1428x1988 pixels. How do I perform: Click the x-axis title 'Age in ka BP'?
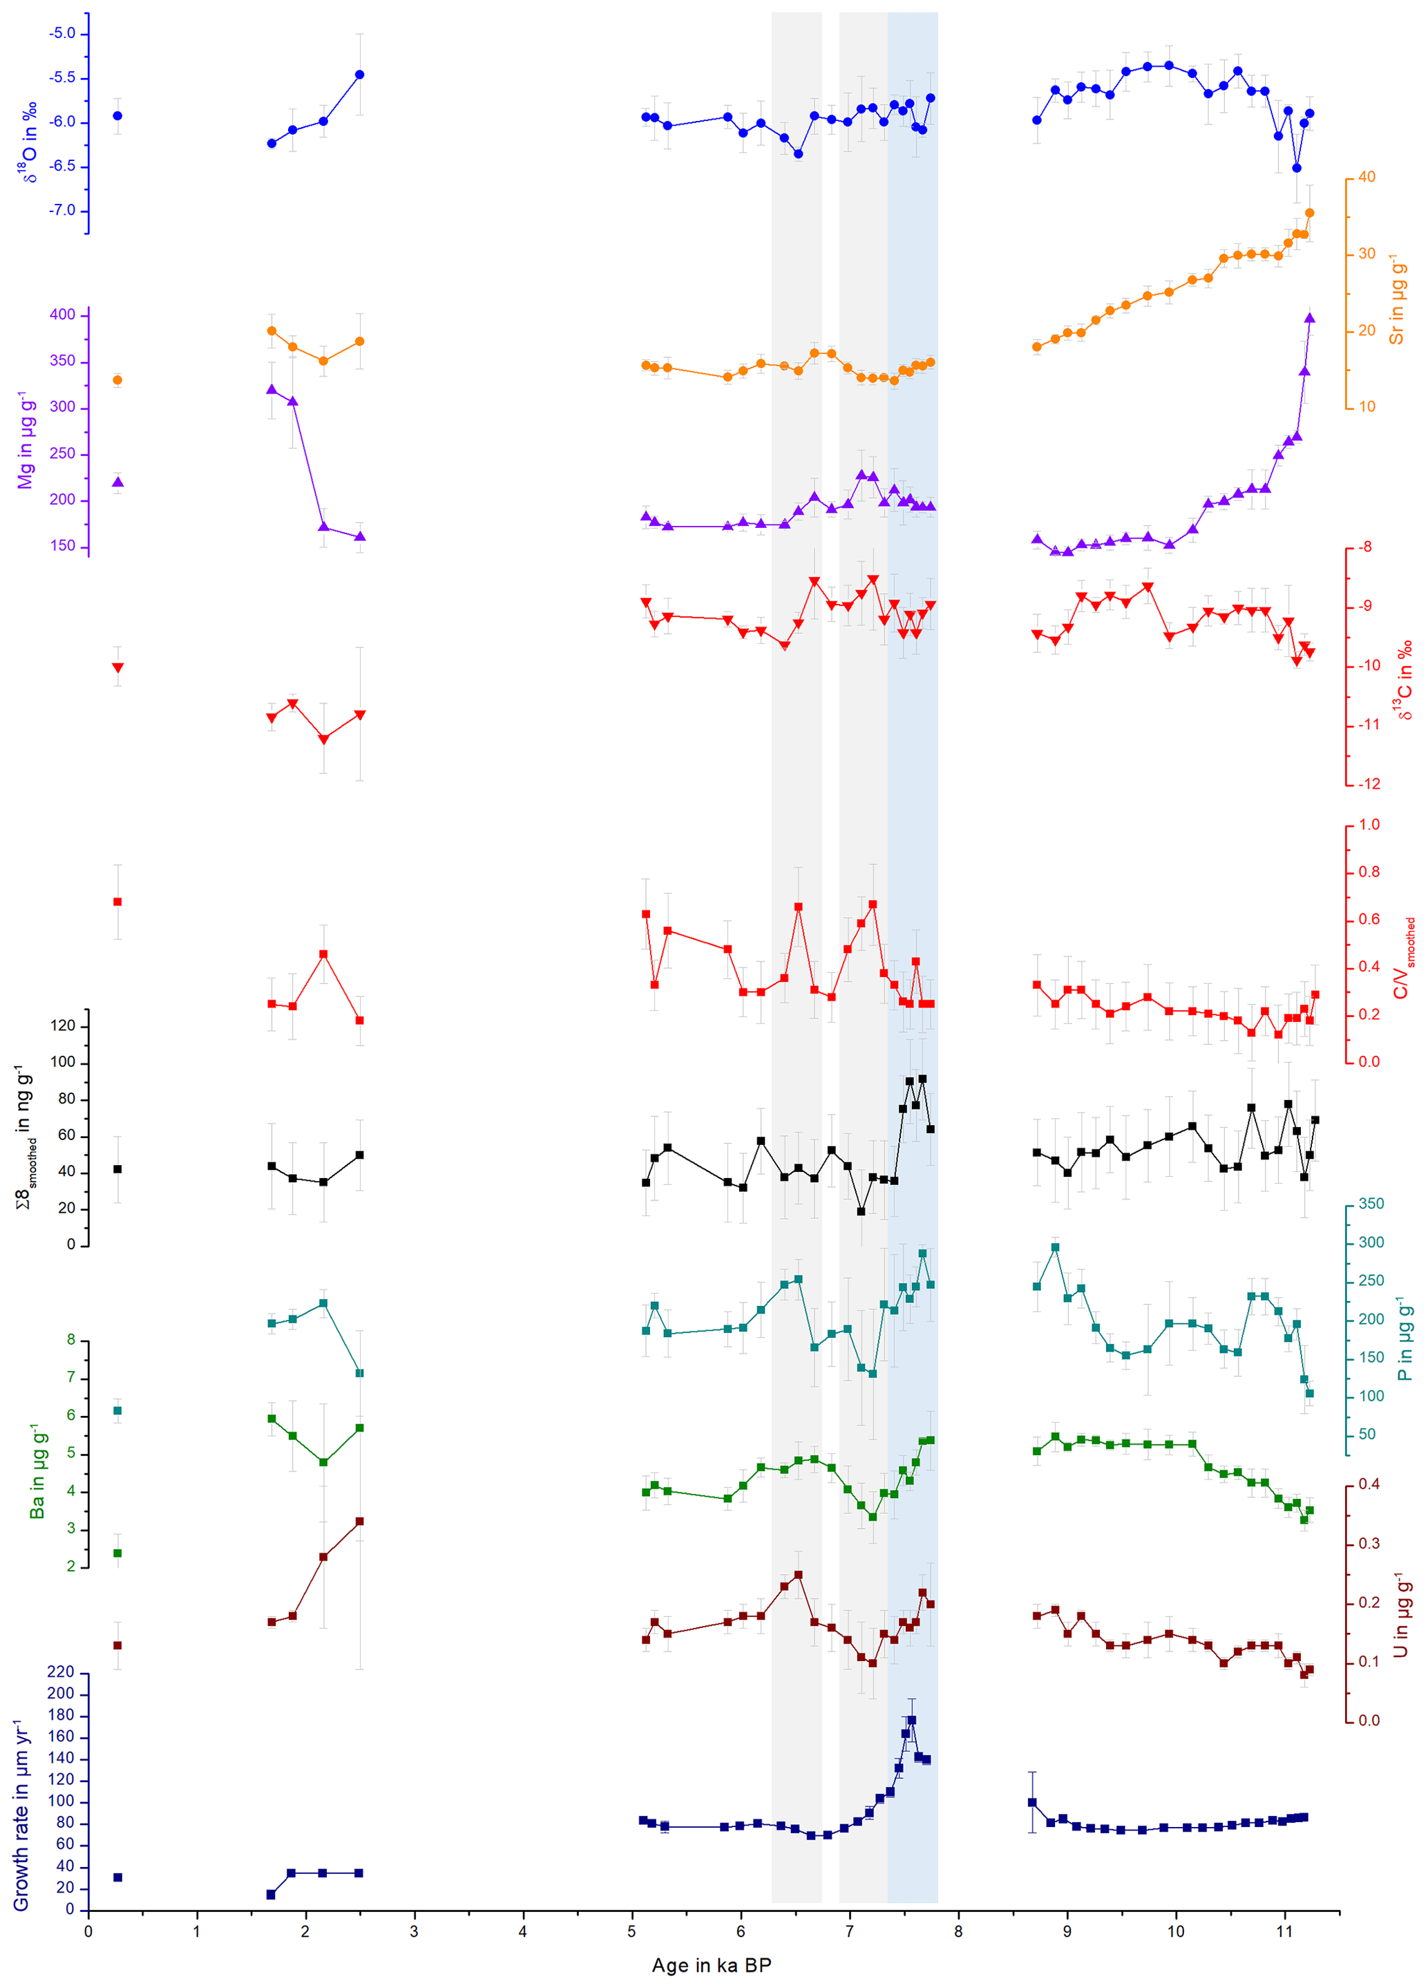tap(711, 1965)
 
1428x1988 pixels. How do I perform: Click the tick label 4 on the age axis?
tap(522, 1931)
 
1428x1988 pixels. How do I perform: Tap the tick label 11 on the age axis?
tap(1284, 1931)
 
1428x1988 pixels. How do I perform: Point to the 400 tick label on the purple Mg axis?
tap(62, 314)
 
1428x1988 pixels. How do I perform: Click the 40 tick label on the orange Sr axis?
tap(1367, 177)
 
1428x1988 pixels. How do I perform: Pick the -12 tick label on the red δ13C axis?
tap(1369, 784)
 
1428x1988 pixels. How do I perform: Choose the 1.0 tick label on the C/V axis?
tap(1369, 825)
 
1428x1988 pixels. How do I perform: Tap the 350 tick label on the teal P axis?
tap(1371, 1204)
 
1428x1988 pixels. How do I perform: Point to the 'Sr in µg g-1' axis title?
tap(1396, 300)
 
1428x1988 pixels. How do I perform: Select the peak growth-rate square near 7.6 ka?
tap(912, 1721)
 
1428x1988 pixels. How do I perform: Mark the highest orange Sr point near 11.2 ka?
tap(1310, 213)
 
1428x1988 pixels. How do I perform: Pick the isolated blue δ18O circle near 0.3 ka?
tap(117, 115)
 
